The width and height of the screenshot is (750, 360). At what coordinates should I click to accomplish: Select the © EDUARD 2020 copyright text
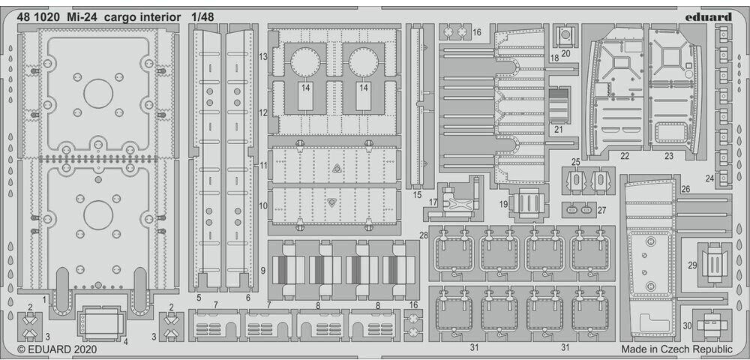(x=53, y=349)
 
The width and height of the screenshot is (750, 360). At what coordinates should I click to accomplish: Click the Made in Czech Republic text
(x=676, y=349)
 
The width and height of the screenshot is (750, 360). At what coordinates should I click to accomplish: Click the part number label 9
(x=263, y=270)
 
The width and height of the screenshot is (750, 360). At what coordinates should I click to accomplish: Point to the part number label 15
(x=417, y=194)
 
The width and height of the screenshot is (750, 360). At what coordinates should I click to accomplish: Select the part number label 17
(x=434, y=202)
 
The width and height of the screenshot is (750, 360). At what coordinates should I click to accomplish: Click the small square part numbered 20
(x=565, y=35)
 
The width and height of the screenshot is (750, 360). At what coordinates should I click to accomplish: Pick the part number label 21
(x=558, y=129)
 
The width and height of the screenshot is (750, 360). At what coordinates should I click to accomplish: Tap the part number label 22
(x=624, y=156)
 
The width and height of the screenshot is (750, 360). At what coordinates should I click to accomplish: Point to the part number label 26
(x=685, y=189)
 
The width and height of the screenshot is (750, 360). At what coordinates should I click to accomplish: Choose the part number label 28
(x=424, y=235)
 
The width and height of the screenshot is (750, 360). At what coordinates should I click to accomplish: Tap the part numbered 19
(x=529, y=203)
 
